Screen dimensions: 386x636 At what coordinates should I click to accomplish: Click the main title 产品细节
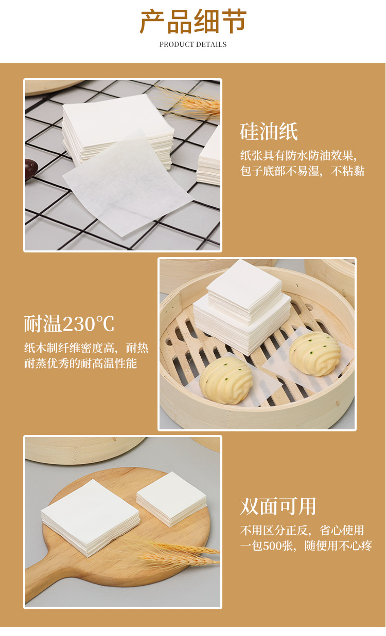coord(193,21)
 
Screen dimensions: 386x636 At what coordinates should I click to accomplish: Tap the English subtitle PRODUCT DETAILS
coord(193,44)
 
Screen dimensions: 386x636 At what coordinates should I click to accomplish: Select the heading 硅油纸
coord(269,132)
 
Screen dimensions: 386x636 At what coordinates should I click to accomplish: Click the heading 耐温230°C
coord(69,324)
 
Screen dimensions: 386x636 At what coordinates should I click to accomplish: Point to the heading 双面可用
coord(278,506)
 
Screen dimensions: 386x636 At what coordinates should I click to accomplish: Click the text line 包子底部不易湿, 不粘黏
coord(302,171)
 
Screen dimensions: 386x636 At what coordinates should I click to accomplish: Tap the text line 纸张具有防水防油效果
coord(299,155)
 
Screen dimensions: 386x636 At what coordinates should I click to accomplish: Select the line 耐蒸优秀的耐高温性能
coord(80,364)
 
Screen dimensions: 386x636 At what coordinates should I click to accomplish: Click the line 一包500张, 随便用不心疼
coord(306,546)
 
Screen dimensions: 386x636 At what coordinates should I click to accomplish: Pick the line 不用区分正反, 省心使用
coord(302,530)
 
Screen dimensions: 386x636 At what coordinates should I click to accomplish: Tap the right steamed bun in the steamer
coord(315,354)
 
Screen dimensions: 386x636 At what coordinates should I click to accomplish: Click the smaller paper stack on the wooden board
coord(171,498)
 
